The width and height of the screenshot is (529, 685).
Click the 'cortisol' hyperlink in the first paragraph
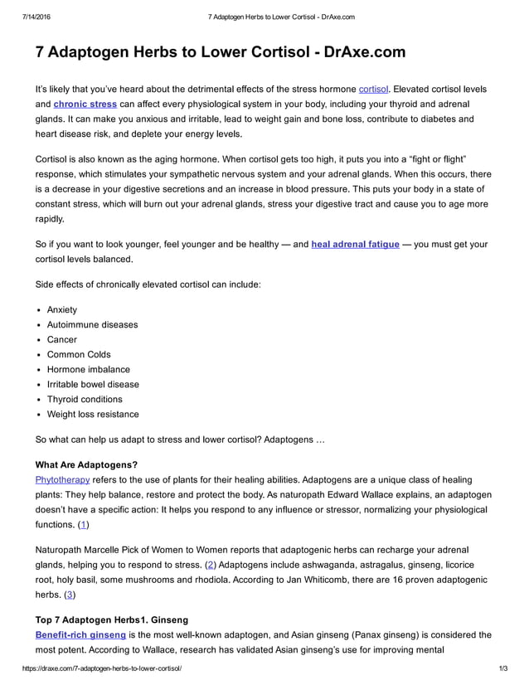tap(373, 89)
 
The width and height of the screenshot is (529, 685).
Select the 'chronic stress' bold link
tap(85, 104)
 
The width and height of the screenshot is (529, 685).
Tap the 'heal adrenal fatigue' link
tap(355, 245)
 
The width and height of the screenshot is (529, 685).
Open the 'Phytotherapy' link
tap(62, 479)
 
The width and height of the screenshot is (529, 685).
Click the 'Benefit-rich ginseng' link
tap(80, 634)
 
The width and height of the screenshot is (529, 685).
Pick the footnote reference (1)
tap(83, 524)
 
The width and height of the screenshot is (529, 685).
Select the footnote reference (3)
tap(70, 595)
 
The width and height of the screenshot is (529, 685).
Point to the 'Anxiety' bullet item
tap(62, 309)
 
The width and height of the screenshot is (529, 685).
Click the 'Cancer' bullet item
tap(62, 339)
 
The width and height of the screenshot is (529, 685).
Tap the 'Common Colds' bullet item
tap(79, 354)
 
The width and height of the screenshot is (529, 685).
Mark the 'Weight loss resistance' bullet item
tap(93, 414)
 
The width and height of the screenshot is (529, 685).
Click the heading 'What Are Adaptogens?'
tap(86, 464)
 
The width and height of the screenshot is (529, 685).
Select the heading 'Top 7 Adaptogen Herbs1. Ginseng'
tap(112, 619)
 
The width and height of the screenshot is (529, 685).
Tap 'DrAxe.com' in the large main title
tap(353, 52)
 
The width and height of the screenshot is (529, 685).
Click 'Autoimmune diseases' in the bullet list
tap(92, 324)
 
